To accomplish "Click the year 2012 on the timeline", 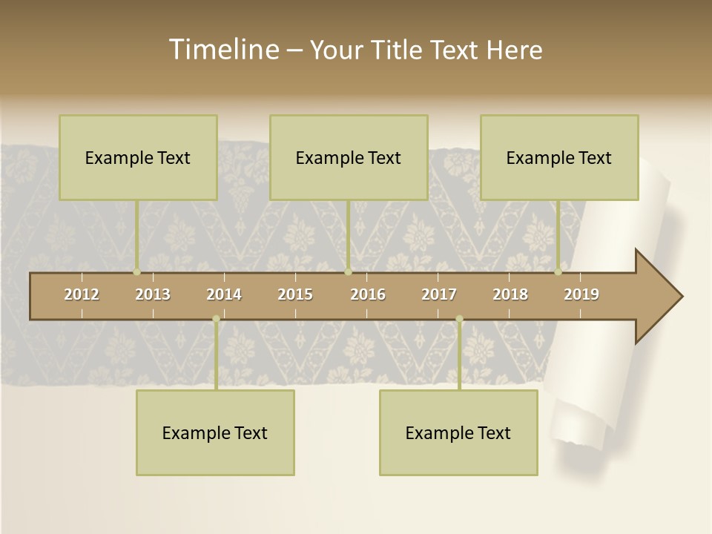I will point(82,294).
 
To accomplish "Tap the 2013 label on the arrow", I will point(153,294).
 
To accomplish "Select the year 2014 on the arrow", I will point(224,294).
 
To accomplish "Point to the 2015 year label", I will point(295,294).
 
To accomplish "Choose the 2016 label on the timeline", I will point(368,294).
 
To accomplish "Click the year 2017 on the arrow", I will point(439,294).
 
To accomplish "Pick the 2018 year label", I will point(510,294).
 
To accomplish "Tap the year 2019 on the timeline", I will point(581,294).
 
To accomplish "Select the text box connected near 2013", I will point(138,157).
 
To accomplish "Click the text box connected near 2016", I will point(349,157).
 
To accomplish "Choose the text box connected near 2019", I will point(559,157).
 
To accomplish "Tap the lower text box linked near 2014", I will point(215,432).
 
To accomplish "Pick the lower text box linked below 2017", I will point(458,432).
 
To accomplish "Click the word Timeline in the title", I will point(223,50).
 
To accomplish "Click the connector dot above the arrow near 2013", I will point(137,272).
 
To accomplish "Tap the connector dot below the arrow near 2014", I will point(216,319).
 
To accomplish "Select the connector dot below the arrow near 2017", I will point(459,319).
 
